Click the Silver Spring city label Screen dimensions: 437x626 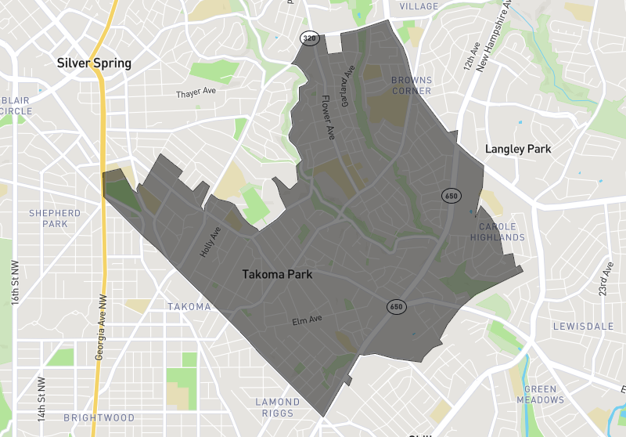[x=94, y=63]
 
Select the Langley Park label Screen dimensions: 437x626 [x=518, y=149]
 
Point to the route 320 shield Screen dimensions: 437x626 [x=310, y=38]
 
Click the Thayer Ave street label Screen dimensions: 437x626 [x=196, y=92]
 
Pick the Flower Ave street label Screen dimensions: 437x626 [x=329, y=118]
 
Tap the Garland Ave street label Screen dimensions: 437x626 [x=348, y=78]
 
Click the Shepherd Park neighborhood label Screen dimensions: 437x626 [x=55, y=218]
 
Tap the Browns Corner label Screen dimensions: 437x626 [x=412, y=85]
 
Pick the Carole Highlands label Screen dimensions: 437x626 [x=498, y=232]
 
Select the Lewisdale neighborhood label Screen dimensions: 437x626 [x=580, y=326]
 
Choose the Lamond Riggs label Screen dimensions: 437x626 [x=278, y=407]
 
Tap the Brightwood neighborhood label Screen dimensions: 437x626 [x=99, y=418]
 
